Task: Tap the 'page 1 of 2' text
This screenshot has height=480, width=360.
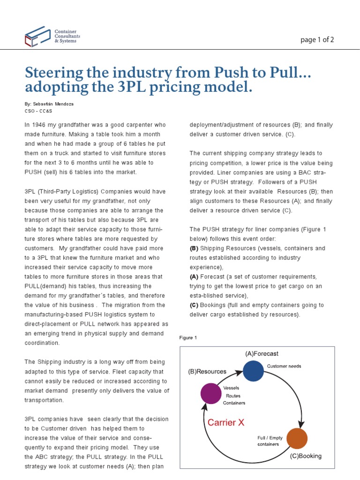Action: tap(317, 39)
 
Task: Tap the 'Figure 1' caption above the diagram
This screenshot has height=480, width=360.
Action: tap(188, 337)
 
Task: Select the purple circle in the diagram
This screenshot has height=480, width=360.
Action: tap(211, 393)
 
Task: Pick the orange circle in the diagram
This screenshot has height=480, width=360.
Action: tap(297, 438)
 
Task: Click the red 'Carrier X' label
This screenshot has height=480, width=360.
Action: tap(226, 422)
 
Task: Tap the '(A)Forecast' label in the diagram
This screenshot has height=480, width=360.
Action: tap(262, 354)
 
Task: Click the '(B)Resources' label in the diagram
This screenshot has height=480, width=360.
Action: tap(207, 371)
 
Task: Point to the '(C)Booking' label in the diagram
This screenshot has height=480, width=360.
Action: tap(306, 456)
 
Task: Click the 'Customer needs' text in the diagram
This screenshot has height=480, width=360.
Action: tap(284, 366)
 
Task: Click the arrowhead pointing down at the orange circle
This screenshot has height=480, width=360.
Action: tap(301, 423)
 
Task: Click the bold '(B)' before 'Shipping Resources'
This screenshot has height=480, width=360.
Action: tap(194, 248)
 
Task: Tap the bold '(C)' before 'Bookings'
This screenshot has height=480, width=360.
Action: tap(194, 305)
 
